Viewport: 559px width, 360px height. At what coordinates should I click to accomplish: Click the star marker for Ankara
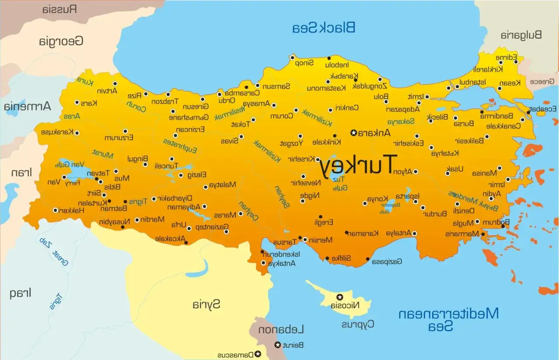coord(353,133)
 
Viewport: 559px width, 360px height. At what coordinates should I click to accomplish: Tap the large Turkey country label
coord(358,165)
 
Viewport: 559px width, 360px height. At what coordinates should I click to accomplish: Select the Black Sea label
coord(324,27)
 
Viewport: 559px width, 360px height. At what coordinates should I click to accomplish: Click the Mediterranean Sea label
coord(448,319)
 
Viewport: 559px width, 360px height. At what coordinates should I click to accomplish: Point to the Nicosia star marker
coord(339,297)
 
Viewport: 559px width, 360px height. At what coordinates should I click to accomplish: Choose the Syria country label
coord(207,304)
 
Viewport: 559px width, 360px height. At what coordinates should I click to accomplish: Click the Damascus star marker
coord(258,353)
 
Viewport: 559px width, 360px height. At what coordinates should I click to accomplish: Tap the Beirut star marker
coord(278,345)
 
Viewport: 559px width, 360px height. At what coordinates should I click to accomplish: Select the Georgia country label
coord(61,41)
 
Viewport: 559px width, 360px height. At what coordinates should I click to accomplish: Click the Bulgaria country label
coord(521,35)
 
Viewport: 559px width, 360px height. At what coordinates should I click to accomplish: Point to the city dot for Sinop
coord(292,58)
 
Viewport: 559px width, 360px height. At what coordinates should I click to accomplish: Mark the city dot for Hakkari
coord(55,210)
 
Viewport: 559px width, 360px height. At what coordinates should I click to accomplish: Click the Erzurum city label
coord(118,138)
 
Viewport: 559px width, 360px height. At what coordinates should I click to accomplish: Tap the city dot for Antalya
coord(414,233)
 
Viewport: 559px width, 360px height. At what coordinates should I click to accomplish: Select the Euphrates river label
coord(180,146)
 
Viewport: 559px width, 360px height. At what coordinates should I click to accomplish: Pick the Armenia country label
coord(27,106)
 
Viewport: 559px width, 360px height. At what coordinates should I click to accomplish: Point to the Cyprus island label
coord(358,324)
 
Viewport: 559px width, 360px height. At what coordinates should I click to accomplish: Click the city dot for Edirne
coord(516,62)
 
